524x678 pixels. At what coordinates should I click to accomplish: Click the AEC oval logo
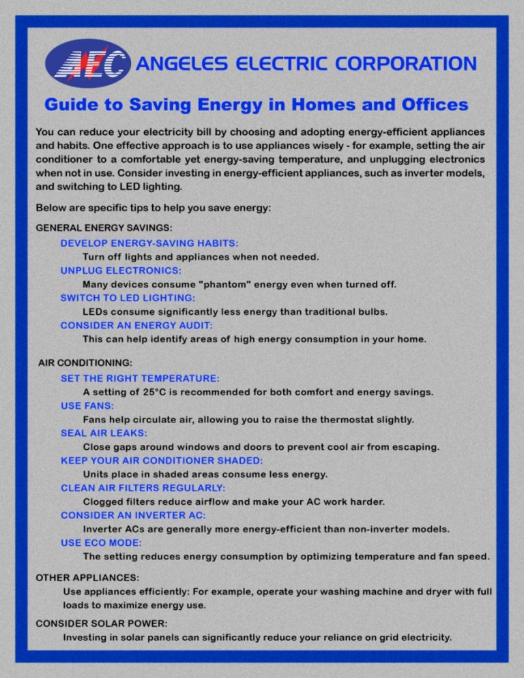[87, 63]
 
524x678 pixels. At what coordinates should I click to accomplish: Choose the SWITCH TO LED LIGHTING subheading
[128, 298]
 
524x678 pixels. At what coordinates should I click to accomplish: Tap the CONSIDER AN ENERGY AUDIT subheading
[136, 325]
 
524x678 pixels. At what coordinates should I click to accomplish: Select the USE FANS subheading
[88, 405]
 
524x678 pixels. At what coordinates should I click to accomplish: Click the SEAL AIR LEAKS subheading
[104, 433]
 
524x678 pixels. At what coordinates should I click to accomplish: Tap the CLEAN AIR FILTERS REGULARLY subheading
[143, 488]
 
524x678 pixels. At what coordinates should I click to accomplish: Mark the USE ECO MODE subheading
[101, 542]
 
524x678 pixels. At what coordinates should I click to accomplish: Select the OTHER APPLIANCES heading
[81, 576]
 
